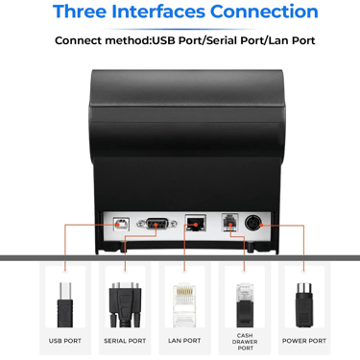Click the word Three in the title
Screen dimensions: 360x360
coord(80,12)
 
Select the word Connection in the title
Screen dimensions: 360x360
coord(264,12)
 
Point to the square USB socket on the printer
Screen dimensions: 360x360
coord(121,224)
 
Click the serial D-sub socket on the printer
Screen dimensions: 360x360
coord(156,224)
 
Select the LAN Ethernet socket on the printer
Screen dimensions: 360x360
coord(195,223)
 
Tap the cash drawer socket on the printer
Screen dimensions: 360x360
coord(230,222)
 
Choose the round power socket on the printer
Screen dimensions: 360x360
coord(253,223)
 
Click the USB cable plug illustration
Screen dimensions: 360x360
coord(65,304)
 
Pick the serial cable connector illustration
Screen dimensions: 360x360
coord(125,304)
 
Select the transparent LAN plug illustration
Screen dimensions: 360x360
coord(184,304)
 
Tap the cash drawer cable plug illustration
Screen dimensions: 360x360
coord(245,304)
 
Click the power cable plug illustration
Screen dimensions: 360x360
coord(304,304)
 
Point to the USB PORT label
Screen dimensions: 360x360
coord(65,341)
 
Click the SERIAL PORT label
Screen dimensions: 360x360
coord(125,341)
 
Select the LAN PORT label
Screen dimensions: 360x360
coord(184,341)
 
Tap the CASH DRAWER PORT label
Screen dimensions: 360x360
coord(245,342)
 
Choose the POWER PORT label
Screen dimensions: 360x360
coord(304,341)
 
